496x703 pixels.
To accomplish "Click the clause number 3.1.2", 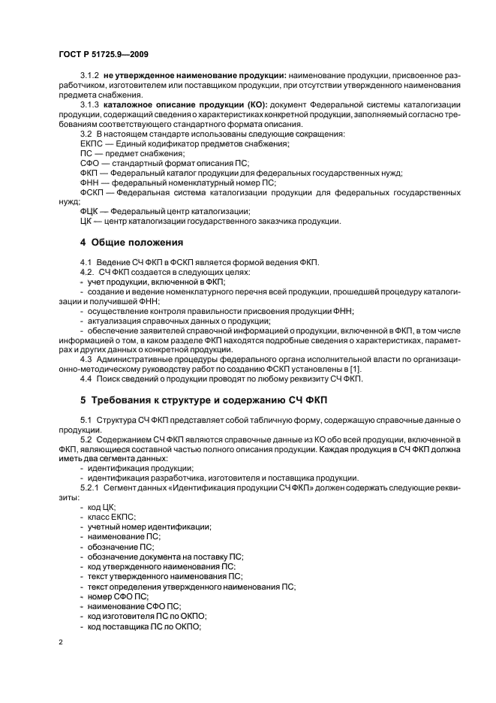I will coord(91,77).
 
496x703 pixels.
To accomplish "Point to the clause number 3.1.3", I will coord(91,104).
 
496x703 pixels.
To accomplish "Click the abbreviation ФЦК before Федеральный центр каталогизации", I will coord(91,212).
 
